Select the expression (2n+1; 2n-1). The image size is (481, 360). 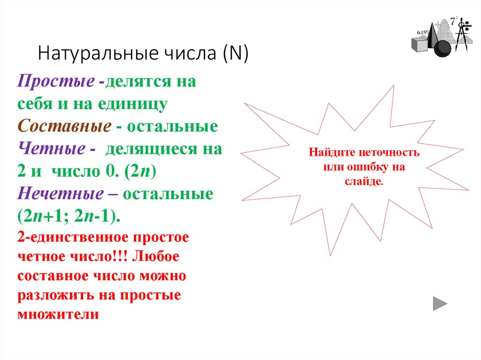(x=69, y=216)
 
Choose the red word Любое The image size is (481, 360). (x=158, y=257)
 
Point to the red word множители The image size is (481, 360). (x=58, y=314)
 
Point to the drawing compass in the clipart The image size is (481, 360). (x=462, y=35)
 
